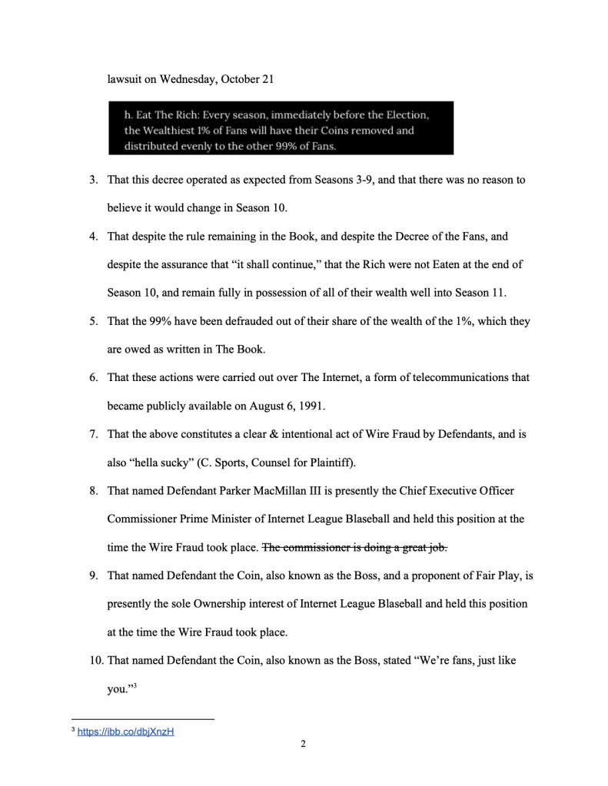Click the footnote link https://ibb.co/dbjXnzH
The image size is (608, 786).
click(x=126, y=731)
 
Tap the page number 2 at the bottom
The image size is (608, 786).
click(x=304, y=744)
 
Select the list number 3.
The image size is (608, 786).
click(x=93, y=180)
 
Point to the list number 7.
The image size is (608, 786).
click(x=93, y=435)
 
